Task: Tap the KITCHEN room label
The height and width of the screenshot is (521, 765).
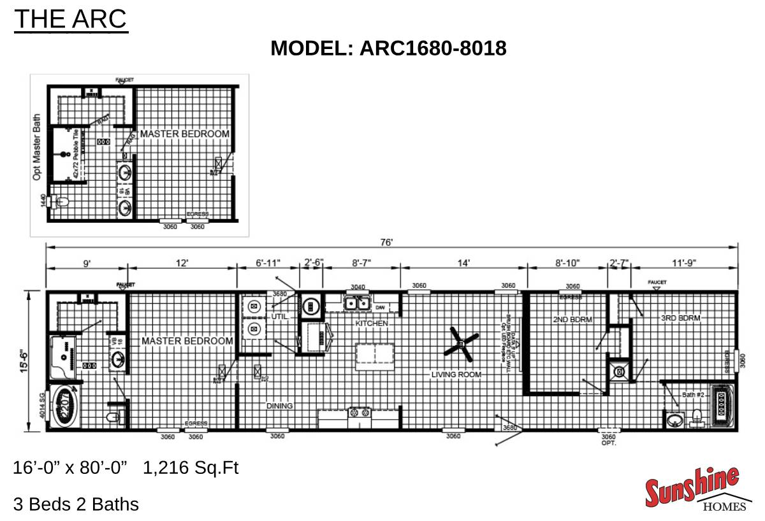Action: tap(372, 324)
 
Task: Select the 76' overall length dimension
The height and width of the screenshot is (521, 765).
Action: tap(387, 242)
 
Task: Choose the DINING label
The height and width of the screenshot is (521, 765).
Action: tap(280, 406)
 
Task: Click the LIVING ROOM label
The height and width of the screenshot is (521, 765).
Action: tap(456, 375)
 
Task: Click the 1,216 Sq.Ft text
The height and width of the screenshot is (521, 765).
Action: tap(191, 468)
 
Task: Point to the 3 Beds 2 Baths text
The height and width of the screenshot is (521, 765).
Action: tap(76, 504)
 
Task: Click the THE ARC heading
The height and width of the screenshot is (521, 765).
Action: tap(71, 19)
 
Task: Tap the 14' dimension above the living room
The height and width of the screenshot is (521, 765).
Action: tap(463, 262)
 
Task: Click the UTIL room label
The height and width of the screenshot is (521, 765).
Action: tap(280, 317)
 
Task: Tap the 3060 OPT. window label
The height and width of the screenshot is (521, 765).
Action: tap(609, 439)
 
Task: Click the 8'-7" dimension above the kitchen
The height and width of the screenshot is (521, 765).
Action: tap(361, 262)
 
